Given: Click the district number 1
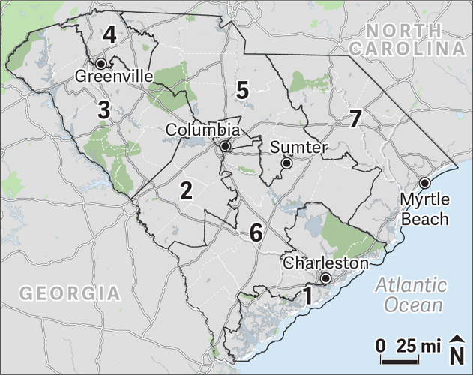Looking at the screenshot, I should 306,295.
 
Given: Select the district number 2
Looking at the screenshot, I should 187,190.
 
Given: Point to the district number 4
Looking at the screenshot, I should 110,34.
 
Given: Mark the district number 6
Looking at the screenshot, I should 256,232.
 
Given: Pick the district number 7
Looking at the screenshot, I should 355,118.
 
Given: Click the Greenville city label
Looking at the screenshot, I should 115,76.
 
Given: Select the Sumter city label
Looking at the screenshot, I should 298,147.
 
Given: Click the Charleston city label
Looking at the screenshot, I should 326,263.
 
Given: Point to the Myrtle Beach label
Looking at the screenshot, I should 424,209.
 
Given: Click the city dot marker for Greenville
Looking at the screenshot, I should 100,63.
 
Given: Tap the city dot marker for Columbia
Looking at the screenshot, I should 224,145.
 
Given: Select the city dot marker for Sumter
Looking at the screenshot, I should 286,163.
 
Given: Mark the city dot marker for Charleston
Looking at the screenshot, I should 325,278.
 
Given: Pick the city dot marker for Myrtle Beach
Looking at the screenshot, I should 424,182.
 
